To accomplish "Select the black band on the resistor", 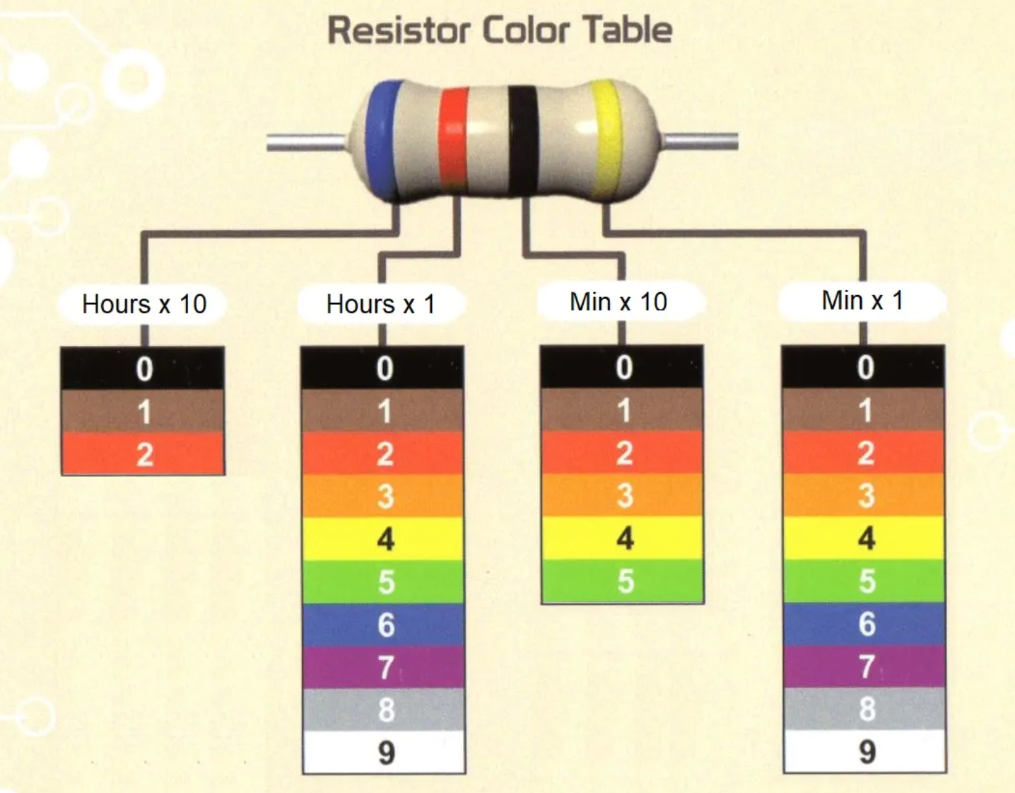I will point(523,139).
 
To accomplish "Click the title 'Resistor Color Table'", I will point(500,30).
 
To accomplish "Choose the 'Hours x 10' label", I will point(144,304).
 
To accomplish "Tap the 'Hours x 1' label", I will point(380,304).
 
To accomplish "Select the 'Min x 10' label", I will point(618,302).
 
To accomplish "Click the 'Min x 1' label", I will point(862,301).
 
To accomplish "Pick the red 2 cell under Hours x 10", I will point(143,454).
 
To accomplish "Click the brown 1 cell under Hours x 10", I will point(143,412).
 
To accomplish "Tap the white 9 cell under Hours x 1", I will point(385,753).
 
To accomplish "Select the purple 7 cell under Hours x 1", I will point(385,667).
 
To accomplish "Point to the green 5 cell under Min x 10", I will point(623,581).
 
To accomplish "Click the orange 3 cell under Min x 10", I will point(623,495).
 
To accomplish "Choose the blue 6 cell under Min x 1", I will point(864,624).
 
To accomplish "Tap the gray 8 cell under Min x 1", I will point(864,709).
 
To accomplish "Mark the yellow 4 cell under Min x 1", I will point(864,538).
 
